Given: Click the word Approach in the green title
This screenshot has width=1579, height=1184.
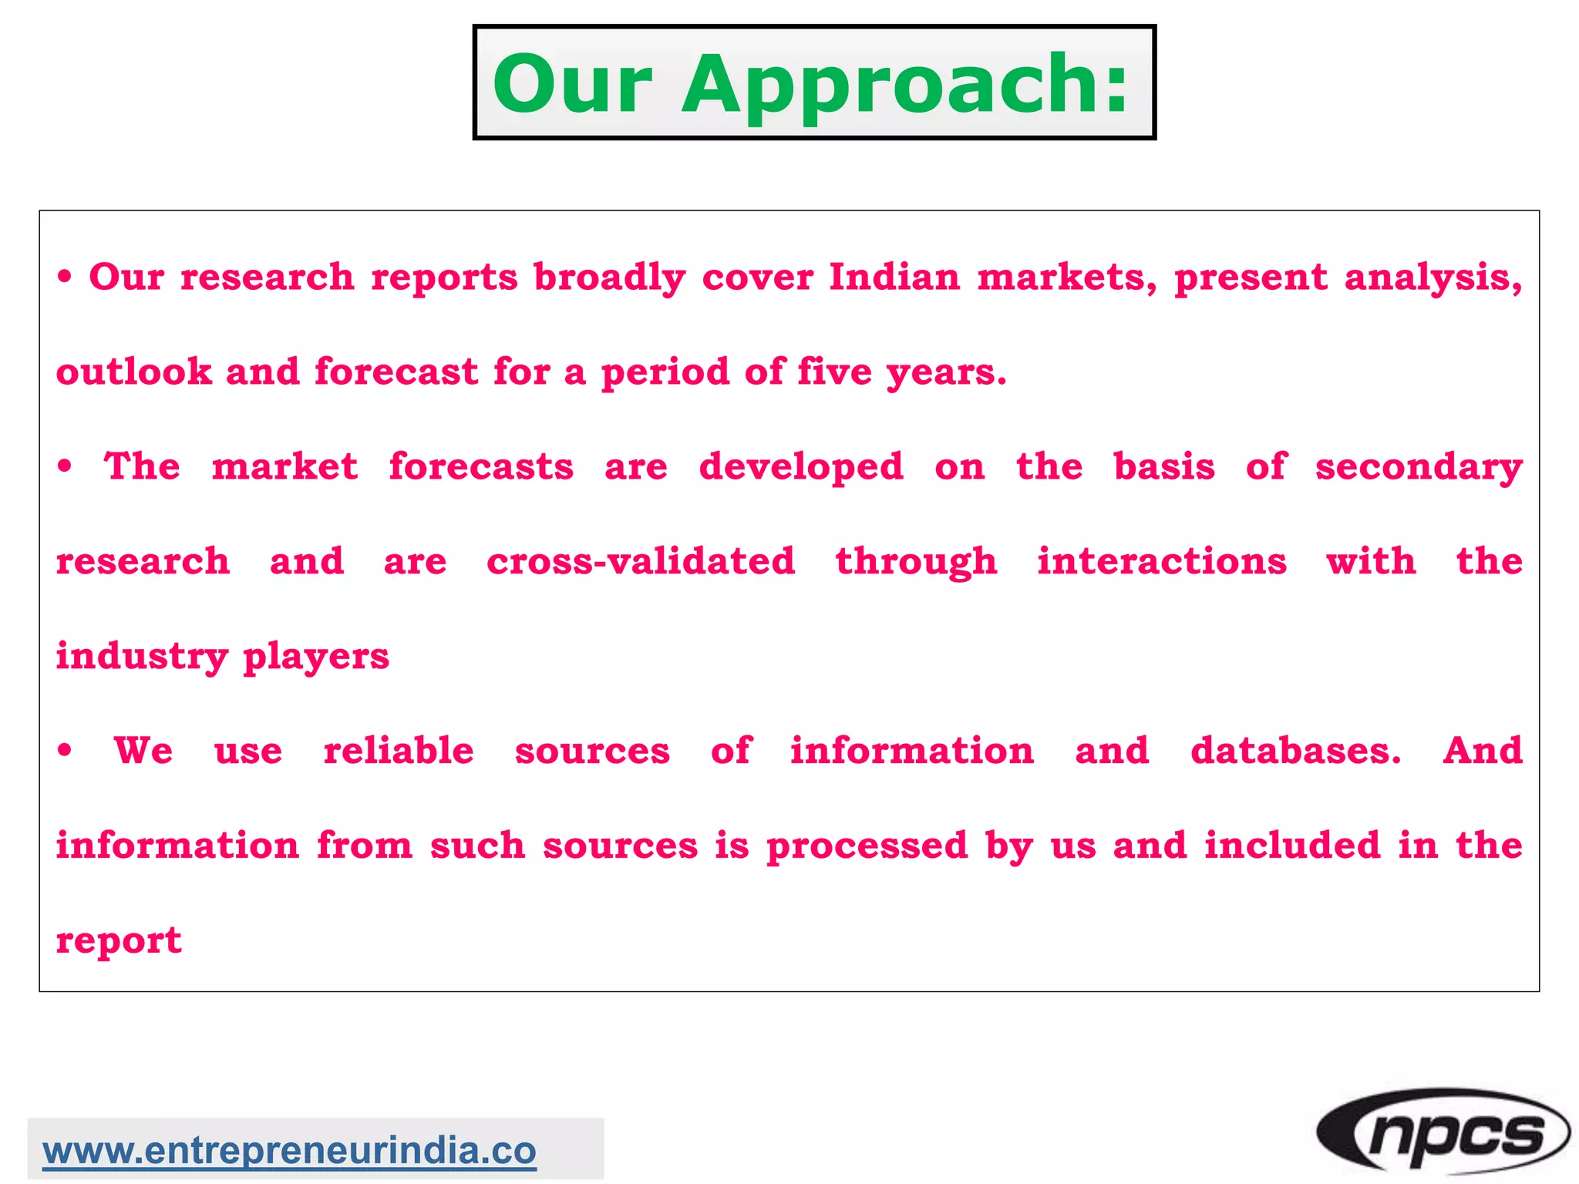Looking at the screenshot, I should pos(905,85).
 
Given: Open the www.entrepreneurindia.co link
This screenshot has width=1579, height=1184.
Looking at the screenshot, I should pos(289,1151).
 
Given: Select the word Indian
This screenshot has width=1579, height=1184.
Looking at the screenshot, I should pos(894,277).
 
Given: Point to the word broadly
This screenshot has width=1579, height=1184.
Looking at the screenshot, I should pos(609,278).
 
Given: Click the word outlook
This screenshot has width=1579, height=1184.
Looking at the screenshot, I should pos(133,372).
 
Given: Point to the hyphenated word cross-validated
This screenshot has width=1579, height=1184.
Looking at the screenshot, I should pos(641,561).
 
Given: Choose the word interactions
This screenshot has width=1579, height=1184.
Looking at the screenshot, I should pos(1162,561).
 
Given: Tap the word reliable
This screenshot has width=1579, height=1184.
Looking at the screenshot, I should pos(399,751).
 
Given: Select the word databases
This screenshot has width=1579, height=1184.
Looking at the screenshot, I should pos(1296,751).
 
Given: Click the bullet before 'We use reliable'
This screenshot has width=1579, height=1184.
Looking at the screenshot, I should pos(66,750).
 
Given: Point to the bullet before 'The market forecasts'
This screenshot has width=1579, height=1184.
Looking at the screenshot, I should pos(66,466).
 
